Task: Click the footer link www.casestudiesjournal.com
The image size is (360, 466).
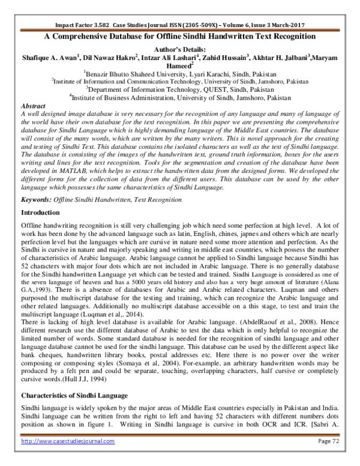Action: [67, 458]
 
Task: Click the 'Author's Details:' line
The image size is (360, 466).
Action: [179, 49]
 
